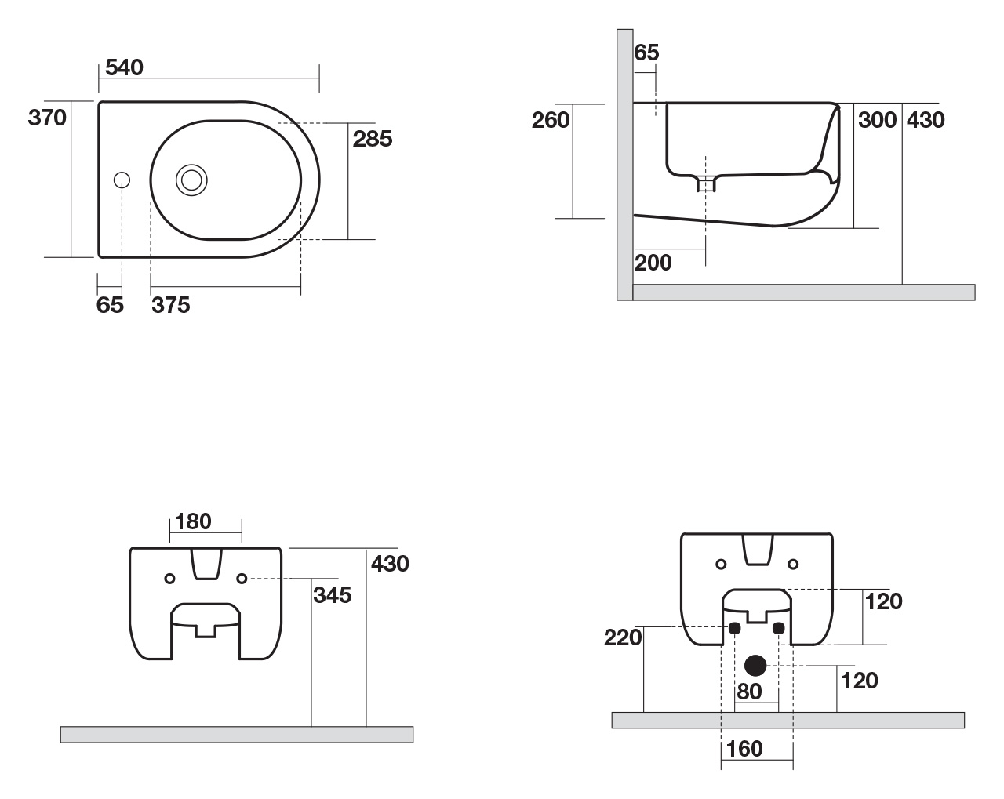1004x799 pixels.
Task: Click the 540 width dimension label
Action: pyautogui.click(x=124, y=67)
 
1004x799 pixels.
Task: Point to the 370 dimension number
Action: pyautogui.click(x=47, y=118)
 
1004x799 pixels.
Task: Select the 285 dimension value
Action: pyautogui.click(x=373, y=139)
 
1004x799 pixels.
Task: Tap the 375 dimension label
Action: pyautogui.click(x=171, y=305)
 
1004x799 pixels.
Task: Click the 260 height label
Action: pyautogui.click(x=551, y=120)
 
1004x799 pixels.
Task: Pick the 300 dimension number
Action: pyautogui.click(x=877, y=120)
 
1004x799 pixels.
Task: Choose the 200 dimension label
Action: pyautogui.click(x=653, y=263)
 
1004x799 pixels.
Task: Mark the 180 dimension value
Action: pyautogui.click(x=193, y=521)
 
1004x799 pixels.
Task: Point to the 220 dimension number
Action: pyautogui.click(x=623, y=637)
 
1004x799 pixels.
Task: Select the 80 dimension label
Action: pyautogui.click(x=749, y=692)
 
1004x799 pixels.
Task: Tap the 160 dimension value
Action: pyautogui.click(x=744, y=749)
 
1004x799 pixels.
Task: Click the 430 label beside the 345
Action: pyautogui.click(x=390, y=564)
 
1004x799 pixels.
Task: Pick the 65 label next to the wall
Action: pyautogui.click(x=646, y=53)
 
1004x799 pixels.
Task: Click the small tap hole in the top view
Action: pyautogui.click(x=122, y=180)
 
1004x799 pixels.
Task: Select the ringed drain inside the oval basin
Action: pyautogui.click(x=191, y=180)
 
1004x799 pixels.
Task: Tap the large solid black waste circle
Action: pyautogui.click(x=755, y=666)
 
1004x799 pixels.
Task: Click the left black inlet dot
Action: pyautogui.click(x=734, y=628)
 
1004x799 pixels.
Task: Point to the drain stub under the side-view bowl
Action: pyautogui.click(x=706, y=183)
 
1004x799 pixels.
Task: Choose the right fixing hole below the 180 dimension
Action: pyautogui.click(x=242, y=579)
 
